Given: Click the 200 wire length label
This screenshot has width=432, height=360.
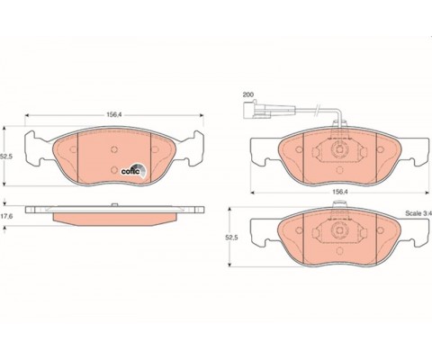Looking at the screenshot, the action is click(x=248, y=94).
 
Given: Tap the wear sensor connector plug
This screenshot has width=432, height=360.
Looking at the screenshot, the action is click(x=251, y=110).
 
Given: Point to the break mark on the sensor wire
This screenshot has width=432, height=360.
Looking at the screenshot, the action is click(x=316, y=110).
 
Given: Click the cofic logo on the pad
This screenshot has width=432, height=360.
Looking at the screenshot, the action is click(x=134, y=171).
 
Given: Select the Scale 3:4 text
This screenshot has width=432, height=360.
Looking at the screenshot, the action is click(x=418, y=213).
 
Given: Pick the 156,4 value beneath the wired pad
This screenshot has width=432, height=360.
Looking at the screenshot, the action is click(x=339, y=193).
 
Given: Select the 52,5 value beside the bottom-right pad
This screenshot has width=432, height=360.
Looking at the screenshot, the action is click(x=231, y=237).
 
